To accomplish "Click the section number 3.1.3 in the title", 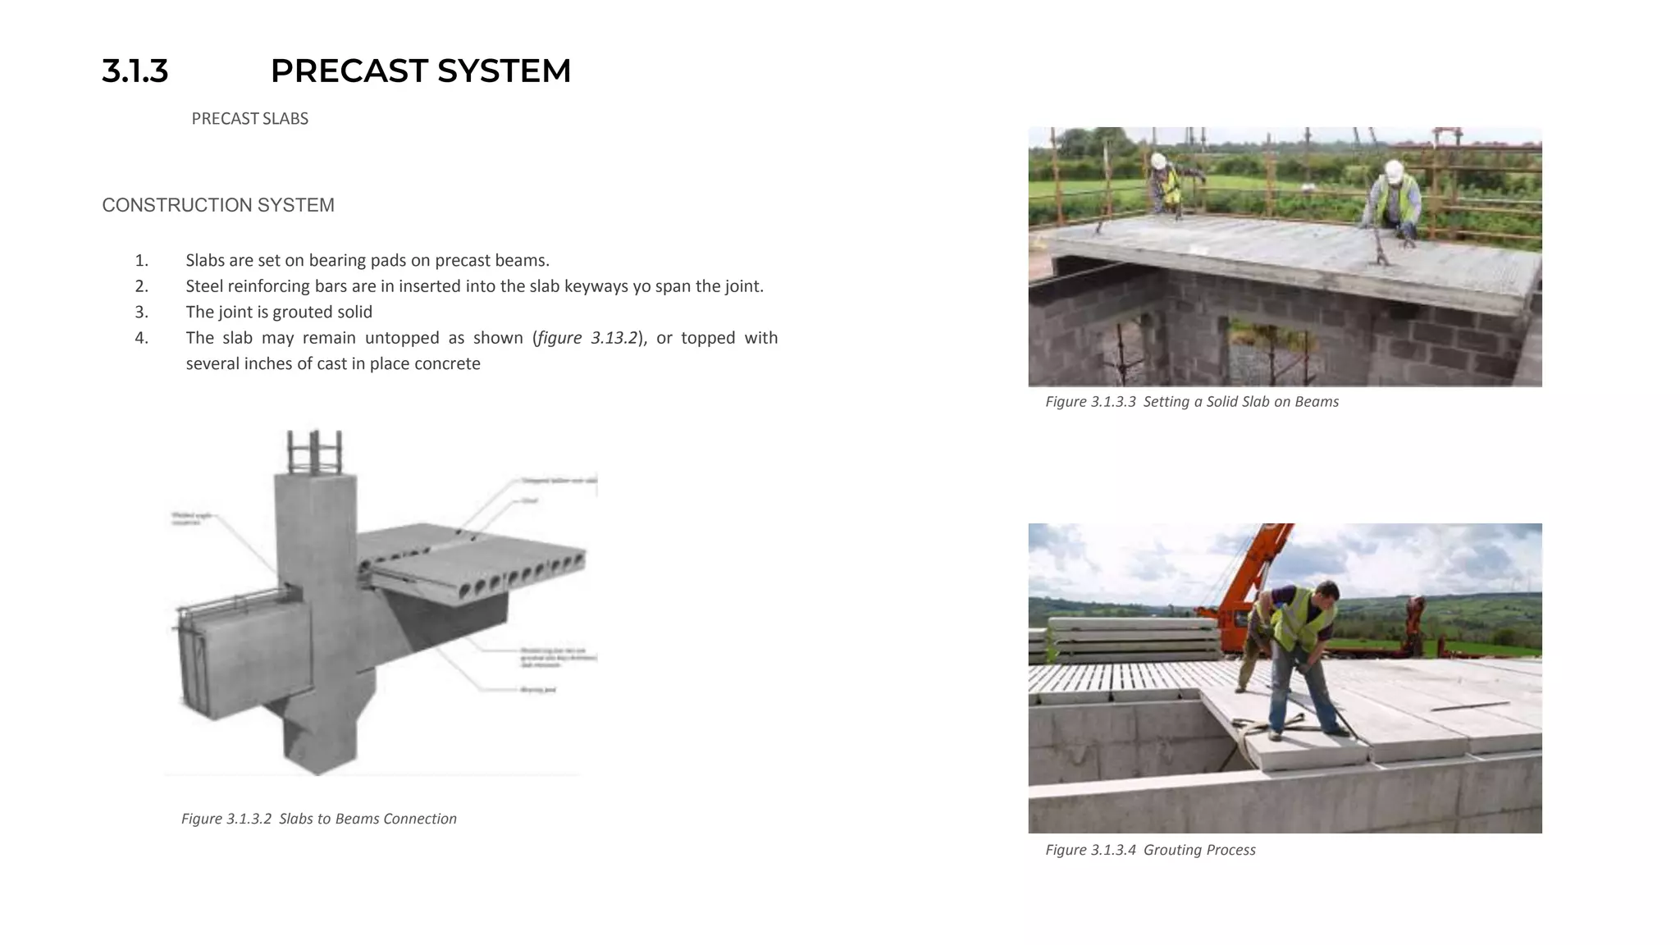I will (x=135, y=71).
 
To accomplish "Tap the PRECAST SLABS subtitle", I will (x=249, y=119).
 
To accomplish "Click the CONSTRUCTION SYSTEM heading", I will (x=218, y=205).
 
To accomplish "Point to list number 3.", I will (x=141, y=312).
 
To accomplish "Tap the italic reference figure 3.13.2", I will (x=587, y=338).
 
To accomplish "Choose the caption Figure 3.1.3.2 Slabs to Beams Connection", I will (x=318, y=819).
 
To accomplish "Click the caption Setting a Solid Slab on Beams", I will (x=1240, y=402).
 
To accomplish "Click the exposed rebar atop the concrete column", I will (x=313, y=450).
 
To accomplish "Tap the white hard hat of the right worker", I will (x=1393, y=171).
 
